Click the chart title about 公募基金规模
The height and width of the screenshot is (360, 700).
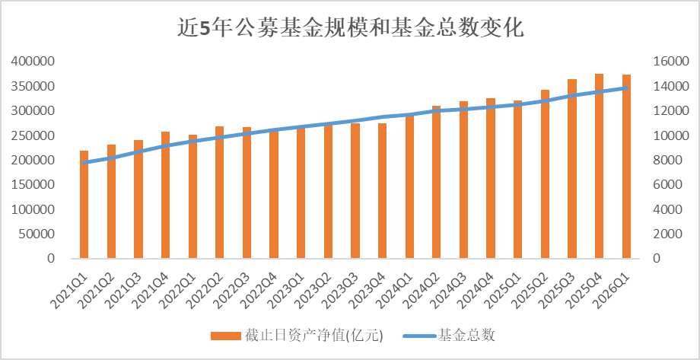(350, 29)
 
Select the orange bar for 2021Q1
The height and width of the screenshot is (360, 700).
(84, 205)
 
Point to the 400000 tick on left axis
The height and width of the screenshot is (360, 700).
(32, 61)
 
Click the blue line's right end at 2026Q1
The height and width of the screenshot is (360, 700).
(626, 88)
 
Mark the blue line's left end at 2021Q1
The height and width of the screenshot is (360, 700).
(84, 162)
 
